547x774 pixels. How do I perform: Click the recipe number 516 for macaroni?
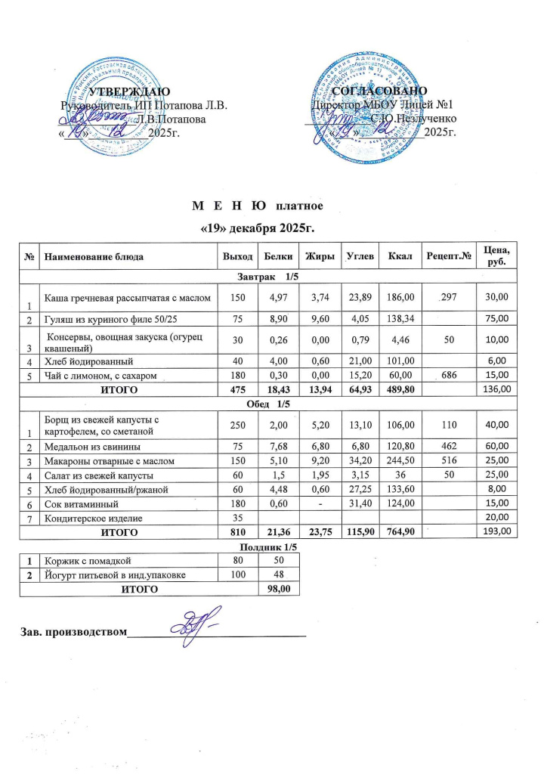[451, 464]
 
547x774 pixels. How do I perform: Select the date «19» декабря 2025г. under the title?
[256, 228]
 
